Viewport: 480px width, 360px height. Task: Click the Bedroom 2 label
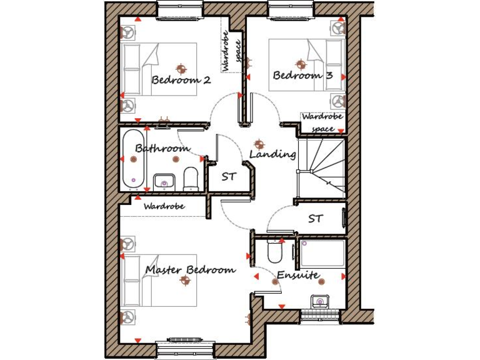coord(181,80)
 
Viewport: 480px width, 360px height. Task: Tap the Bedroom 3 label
coord(302,76)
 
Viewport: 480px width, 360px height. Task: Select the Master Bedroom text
coord(191,270)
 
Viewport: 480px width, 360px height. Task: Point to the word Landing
coord(272,154)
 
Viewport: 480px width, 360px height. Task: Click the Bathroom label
coord(162,149)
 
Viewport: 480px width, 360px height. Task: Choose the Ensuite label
coord(299,275)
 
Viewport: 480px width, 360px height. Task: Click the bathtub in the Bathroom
coord(132,159)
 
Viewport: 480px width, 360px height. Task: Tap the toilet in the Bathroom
coord(191,178)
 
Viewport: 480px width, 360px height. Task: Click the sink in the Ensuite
coord(321,301)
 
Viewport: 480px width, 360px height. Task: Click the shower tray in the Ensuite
coord(322,254)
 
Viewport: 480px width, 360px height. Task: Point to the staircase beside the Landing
coord(321,167)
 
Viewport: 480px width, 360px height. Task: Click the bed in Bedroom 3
coord(306,65)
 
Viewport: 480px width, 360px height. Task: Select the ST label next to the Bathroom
coord(229,177)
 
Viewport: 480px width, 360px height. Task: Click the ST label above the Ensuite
coord(316,219)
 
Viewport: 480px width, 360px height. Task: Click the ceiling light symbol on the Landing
coord(259,144)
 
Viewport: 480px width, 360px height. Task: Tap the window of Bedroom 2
coord(180,10)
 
